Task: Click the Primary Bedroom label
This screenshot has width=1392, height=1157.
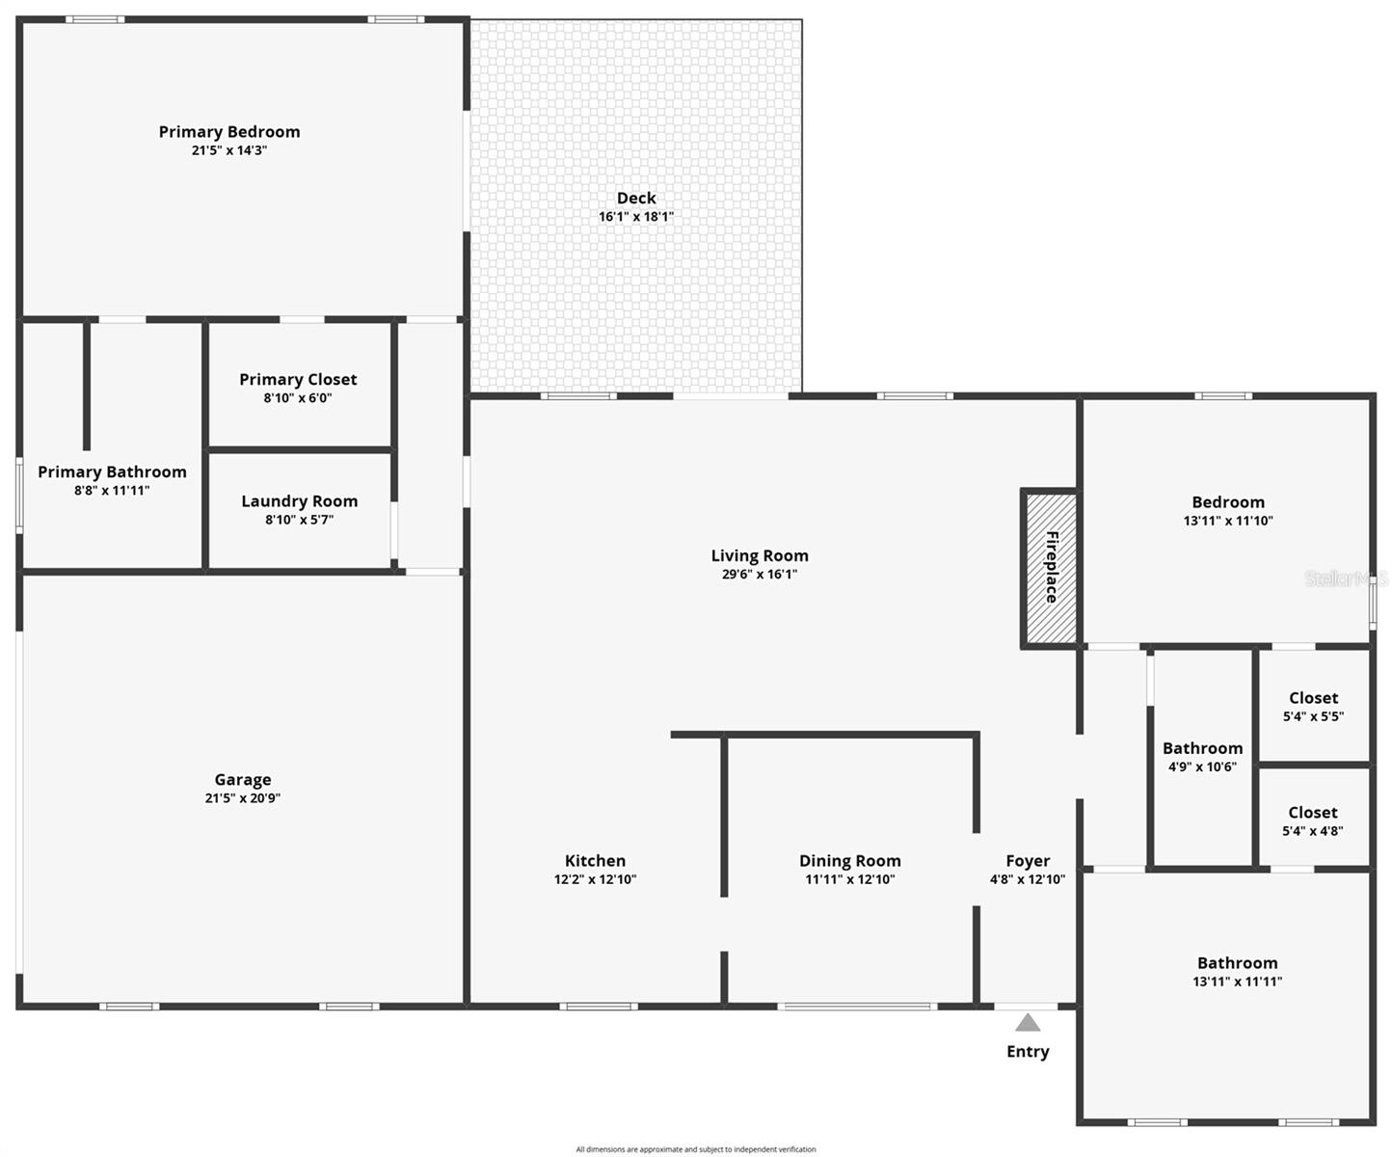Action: pyautogui.click(x=229, y=132)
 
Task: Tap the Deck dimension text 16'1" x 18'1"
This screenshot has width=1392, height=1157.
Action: pyautogui.click(x=636, y=217)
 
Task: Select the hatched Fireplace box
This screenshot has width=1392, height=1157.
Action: pyautogui.click(x=1051, y=567)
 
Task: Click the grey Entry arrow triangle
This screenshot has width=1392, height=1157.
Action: pyautogui.click(x=1028, y=1023)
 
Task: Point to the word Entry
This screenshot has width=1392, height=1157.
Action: pyautogui.click(x=1028, y=1052)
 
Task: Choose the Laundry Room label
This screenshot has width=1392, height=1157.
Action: pyautogui.click(x=299, y=501)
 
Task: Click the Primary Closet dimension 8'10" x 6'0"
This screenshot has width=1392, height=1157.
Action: pyautogui.click(x=298, y=398)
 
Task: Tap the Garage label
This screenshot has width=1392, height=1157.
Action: pyautogui.click(x=243, y=780)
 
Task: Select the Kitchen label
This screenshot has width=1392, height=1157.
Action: pyautogui.click(x=595, y=861)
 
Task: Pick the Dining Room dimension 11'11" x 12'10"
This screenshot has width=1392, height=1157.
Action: pyautogui.click(x=850, y=879)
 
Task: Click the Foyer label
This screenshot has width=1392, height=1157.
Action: pyautogui.click(x=1028, y=861)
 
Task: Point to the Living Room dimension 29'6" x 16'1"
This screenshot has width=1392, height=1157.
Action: pyautogui.click(x=760, y=575)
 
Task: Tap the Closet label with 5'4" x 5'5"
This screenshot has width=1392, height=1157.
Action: pyautogui.click(x=1313, y=698)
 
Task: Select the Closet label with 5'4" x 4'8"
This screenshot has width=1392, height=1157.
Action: pyautogui.click(x=1313, y=813)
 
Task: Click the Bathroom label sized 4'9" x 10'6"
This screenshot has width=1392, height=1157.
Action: pyautogui.click(x=1202, y=748)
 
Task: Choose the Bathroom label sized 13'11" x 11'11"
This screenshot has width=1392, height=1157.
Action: pyautogui.click(x=1238, y=963)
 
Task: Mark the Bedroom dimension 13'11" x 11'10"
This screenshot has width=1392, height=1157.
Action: pyautogui.click(x=1228, y=521)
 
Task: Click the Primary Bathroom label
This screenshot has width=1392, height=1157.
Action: pyautogui.click(x=112, y=471)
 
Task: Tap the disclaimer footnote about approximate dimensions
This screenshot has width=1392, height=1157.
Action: pyautogui.click(x=696, y=1149)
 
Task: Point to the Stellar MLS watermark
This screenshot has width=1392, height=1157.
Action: pyautogui.click(x=1346, y=578)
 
